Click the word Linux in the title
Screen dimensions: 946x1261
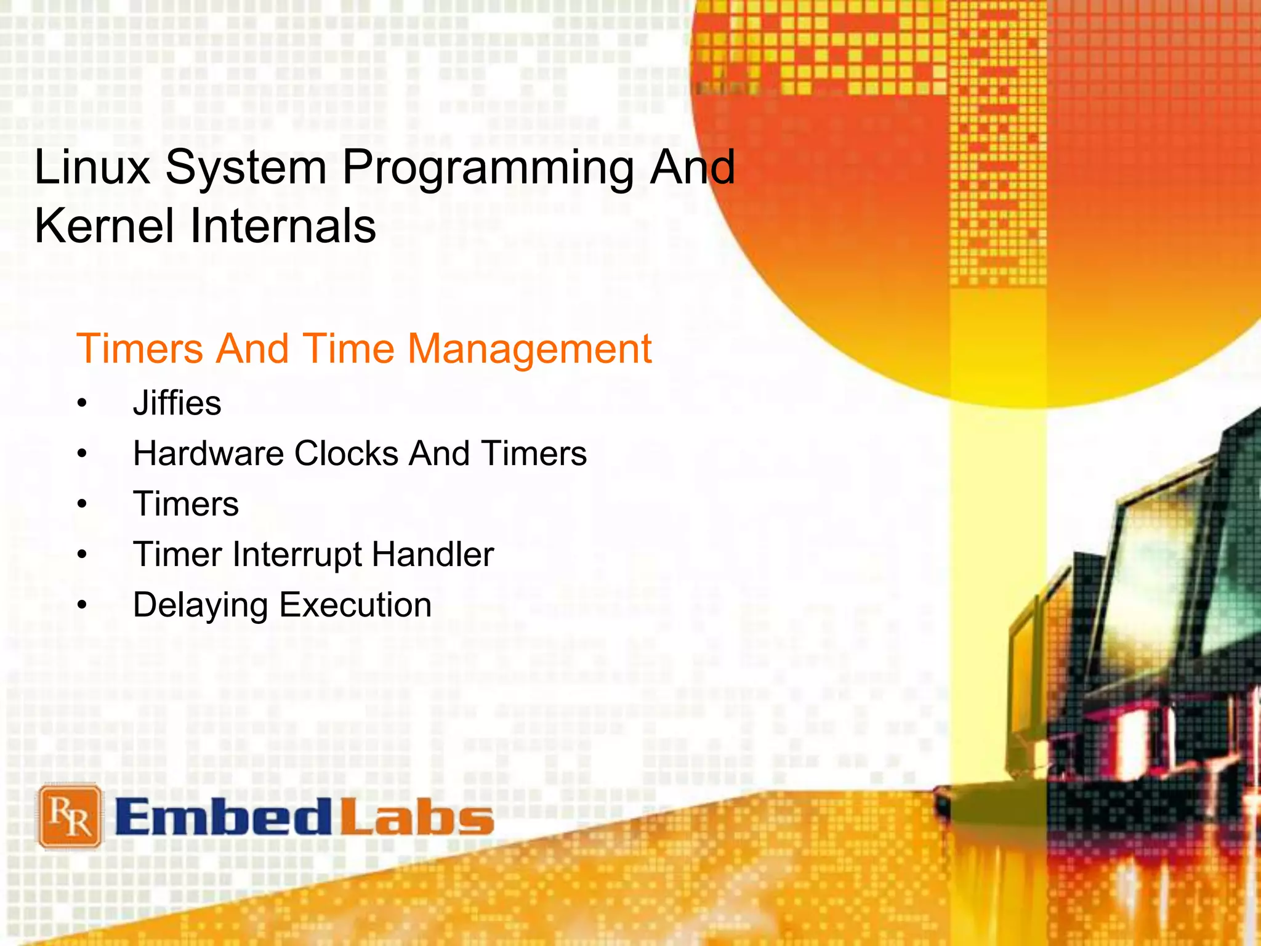[92, 168]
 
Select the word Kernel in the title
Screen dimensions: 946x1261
[104, 226]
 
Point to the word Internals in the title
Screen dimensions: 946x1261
[283, 226]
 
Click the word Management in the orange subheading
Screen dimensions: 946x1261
[530, 349]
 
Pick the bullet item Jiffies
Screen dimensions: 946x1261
[177, 403]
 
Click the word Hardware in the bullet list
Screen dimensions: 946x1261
[208, 454]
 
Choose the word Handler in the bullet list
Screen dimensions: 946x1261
[433, 554]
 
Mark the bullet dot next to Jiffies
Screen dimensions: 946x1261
[83, 405]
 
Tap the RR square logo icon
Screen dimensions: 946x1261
[70, 817]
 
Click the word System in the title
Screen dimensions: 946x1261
[246, 168]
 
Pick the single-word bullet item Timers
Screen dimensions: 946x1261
[186, 504]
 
